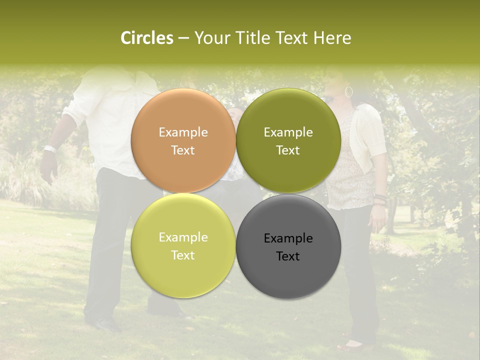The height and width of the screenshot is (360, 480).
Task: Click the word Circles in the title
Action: click(146, 38)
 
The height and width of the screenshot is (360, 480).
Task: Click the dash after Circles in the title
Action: click(183, 38)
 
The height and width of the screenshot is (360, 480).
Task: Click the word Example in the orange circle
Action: click(183, 132)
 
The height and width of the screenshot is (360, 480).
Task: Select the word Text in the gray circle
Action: click(288, 256)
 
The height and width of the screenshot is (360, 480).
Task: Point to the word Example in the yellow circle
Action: click(183, 237)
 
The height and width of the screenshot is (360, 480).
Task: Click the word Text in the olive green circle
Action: click(288, 150)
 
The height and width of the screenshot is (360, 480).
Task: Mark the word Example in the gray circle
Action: click(288, 238)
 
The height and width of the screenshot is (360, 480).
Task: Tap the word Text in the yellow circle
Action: click(183, 255)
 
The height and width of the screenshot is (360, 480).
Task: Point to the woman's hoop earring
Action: click(349, 92)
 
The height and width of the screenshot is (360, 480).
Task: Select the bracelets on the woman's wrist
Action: click(380, 199)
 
